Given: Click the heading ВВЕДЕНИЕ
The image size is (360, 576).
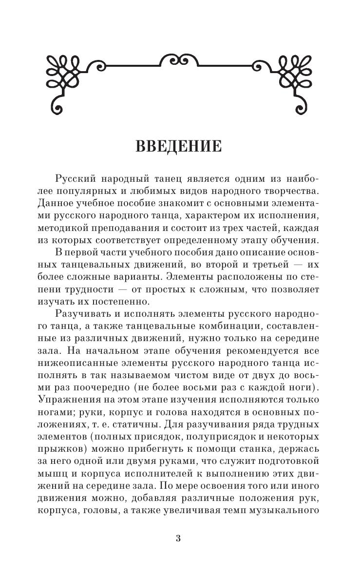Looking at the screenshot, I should point(180,146).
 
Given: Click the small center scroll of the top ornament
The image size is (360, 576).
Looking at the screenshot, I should point(180,60).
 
